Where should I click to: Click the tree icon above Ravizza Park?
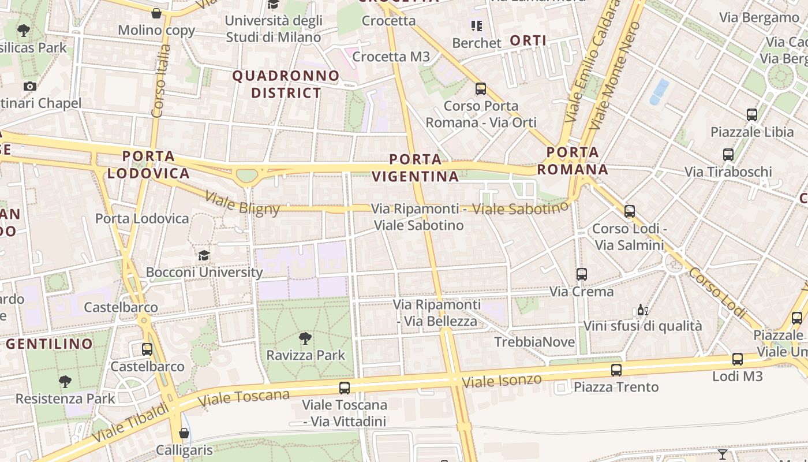click(305, 338)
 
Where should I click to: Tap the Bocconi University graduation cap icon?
click(204, 255)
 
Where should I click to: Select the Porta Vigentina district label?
click(416, 167)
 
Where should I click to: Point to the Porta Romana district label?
click(573, 161)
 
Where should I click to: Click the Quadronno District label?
click(286, 84)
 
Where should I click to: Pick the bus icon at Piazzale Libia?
click(751, 115)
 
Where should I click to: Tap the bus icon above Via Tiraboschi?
click(728, 155)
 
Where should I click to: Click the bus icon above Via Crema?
click(582, 274)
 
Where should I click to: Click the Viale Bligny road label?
click(242, 203)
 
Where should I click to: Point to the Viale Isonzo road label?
click(502, 381)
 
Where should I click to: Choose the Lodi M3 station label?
click(738, 377)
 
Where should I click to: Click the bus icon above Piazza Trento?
click(616, 370)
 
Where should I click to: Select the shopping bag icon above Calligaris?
click(184, 433)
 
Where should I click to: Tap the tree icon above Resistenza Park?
click(65, 381)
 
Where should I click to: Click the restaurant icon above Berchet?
click(477, 26)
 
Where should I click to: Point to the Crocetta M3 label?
click(391, 57)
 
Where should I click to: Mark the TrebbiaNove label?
click(534, 342)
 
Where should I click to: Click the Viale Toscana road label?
click(244, 397)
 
